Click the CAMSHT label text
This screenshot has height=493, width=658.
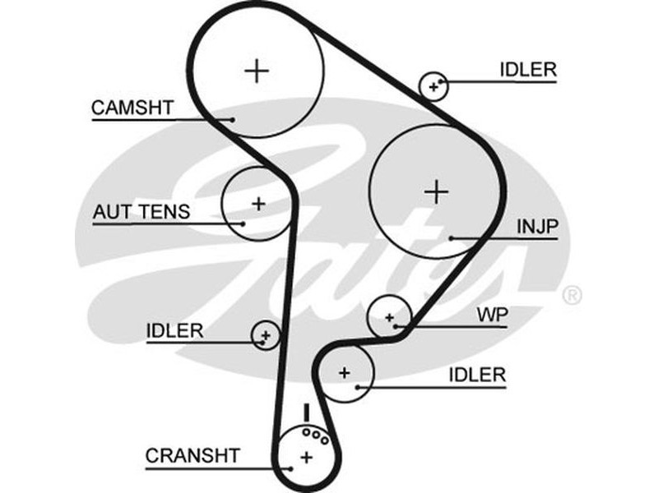pos(132,107)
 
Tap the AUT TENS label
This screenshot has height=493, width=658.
pos(141,212)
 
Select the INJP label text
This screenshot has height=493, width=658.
pos(537,225)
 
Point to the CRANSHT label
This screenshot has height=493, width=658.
pos(192,455)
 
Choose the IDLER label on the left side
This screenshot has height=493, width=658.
pos(174,330)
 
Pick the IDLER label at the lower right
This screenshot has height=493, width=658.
pos(477,375)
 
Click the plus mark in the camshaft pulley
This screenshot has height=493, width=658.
pos(257,71)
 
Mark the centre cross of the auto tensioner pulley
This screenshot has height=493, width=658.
pos(258,203)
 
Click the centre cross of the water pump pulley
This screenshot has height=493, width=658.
pos(389,316)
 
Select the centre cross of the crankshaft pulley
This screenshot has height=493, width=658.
pos(306,457)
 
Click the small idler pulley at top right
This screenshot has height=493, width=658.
pos(433,85)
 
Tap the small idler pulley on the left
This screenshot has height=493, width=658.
pos(265,334)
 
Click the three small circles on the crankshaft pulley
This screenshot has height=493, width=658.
pos(315,436)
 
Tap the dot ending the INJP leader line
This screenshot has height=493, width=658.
pos(452,239)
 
